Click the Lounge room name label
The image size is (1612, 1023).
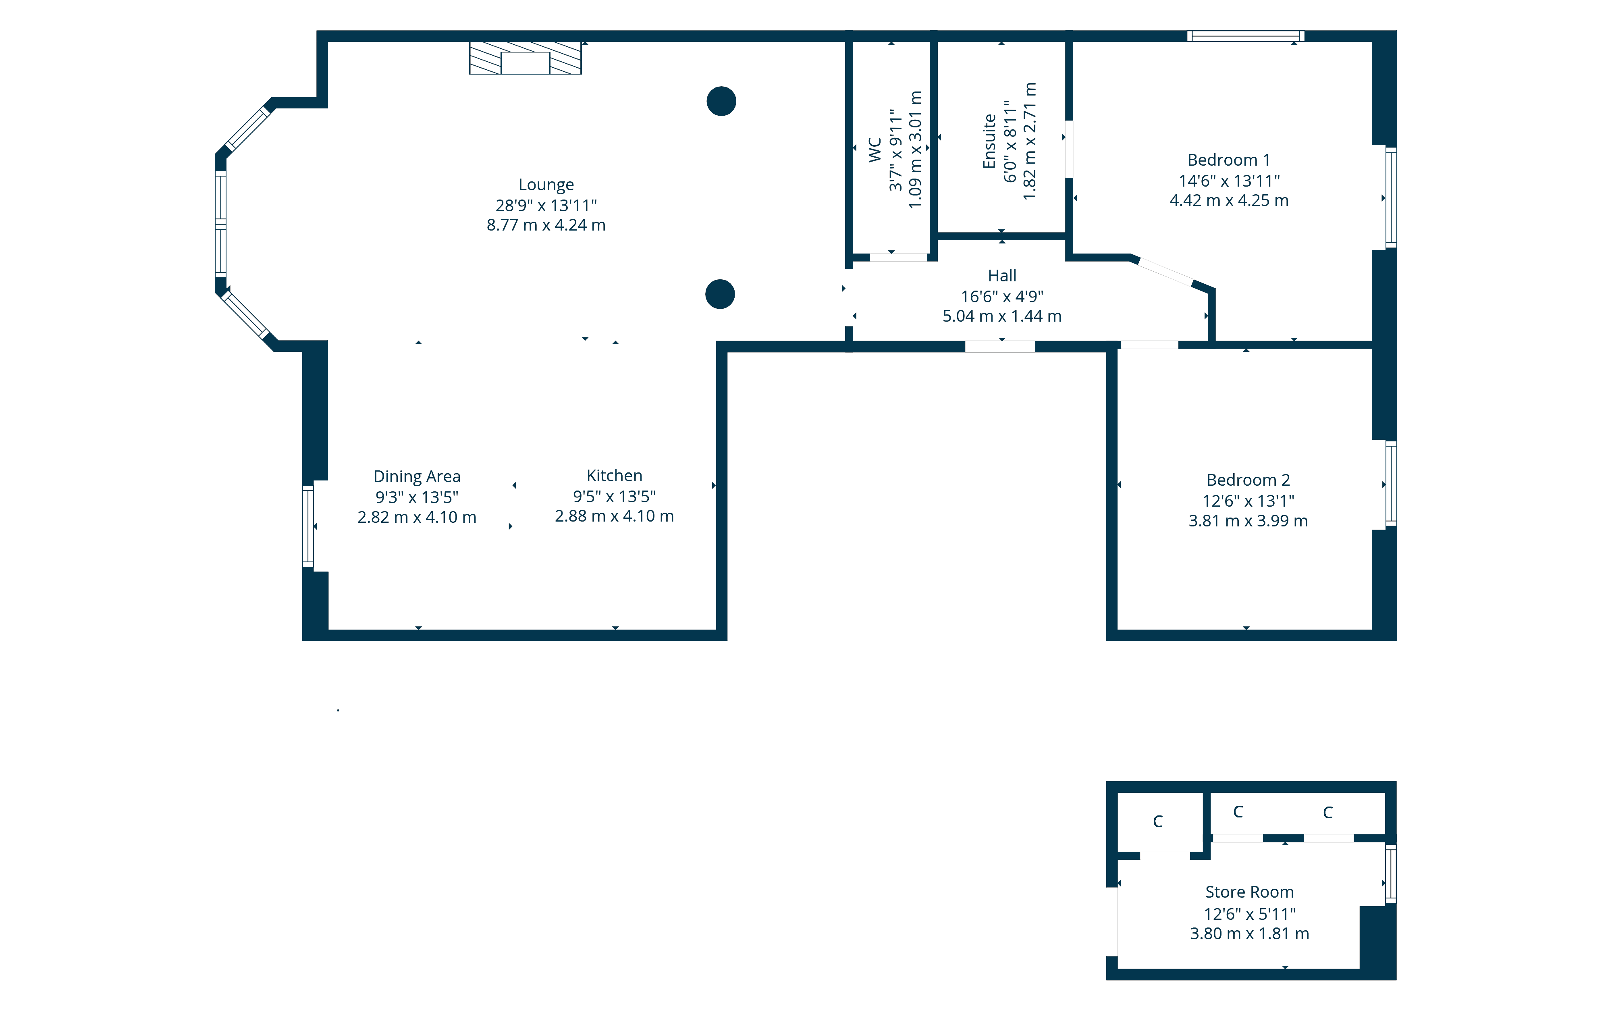[546, 185]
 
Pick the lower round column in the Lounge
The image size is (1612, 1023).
[720, 294]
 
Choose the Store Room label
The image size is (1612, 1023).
[1249, 892]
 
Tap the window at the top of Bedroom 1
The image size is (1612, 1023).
[1245, 36]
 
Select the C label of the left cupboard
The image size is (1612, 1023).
[1157, 821]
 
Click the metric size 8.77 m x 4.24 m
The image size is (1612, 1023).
[546, 225]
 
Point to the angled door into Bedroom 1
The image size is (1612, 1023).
[1165, 272]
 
